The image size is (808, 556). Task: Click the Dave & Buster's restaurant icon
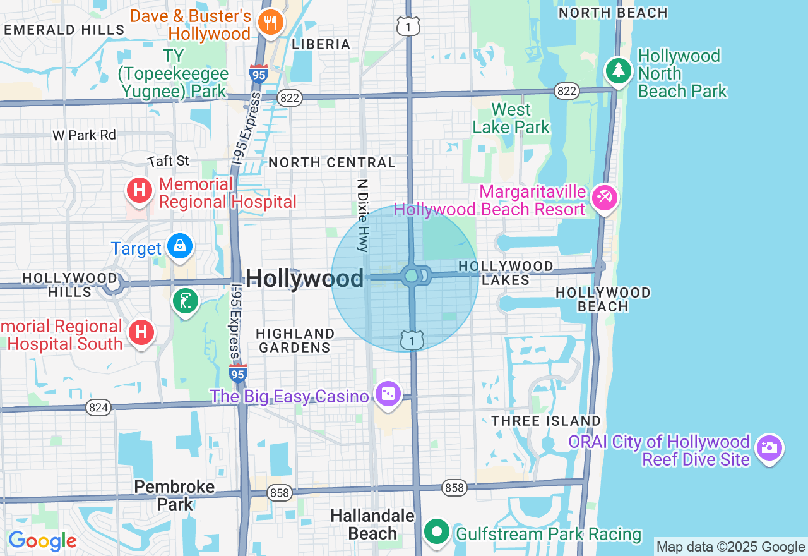tap(270, 23)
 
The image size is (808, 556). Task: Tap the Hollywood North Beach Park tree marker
tap(619, 70)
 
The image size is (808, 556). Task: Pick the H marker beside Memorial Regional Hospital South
tap(141, 332)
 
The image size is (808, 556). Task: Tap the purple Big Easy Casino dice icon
tap(388, 394)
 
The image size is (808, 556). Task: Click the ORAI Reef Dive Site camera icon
tap(769, 448)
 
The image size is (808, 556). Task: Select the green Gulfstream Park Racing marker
tap(436, 531)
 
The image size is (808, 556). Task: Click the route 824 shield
tap(98, 408)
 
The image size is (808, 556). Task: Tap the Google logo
tap(42, 541)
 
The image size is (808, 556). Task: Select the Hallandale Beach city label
tap(372, 525)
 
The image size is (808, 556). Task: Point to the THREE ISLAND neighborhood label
tap(546, 421)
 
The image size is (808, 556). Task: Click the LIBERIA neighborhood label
tap(321, 44)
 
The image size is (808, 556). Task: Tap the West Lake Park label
tap(511, 118)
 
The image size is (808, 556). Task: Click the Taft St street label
tap(169, 161)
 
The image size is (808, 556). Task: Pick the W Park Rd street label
tap(85, 135)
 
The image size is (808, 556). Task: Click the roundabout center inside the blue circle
tap(412, 276)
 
